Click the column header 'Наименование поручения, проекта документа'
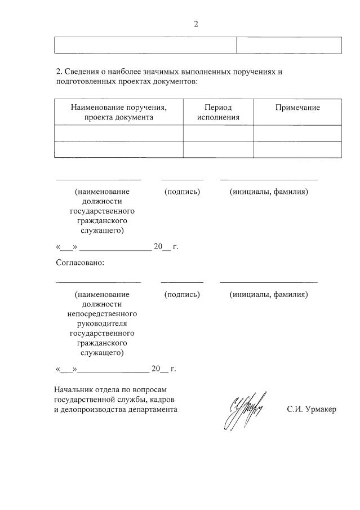(x=119, y=112)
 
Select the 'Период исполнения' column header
(x=218, y=112)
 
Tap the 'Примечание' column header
(x=297, y=108)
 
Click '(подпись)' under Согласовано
(x=182, y=294)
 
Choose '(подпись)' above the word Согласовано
(x=182, y=192)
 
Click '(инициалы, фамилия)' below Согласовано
(x=269, y=294)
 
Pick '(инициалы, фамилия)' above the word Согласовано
(x=269, y=192)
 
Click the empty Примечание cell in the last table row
(x=297, y=149)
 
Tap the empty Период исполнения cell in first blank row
(x=218, y=133)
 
